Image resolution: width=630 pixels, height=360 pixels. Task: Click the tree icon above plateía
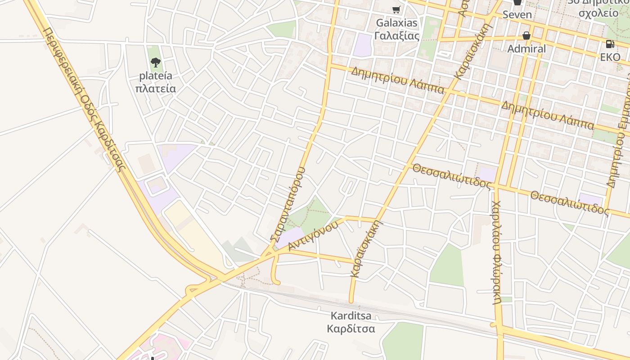156,62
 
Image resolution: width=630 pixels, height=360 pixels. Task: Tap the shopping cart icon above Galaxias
396,9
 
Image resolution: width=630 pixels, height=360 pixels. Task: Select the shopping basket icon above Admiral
526,35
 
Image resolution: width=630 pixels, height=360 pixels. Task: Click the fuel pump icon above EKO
610,44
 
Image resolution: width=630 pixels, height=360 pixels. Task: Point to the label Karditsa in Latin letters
351,316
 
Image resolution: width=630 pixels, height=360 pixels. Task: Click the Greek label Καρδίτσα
351,328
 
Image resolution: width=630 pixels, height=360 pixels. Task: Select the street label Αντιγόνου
313,235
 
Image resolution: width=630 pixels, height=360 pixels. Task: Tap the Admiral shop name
526,49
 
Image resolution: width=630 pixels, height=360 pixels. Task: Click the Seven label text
517,14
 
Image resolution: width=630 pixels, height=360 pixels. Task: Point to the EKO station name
610,57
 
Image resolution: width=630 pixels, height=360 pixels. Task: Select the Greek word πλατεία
156,89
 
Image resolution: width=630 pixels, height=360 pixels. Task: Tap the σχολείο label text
598,13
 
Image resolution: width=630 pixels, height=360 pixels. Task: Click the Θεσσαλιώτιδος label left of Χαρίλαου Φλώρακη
452,176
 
